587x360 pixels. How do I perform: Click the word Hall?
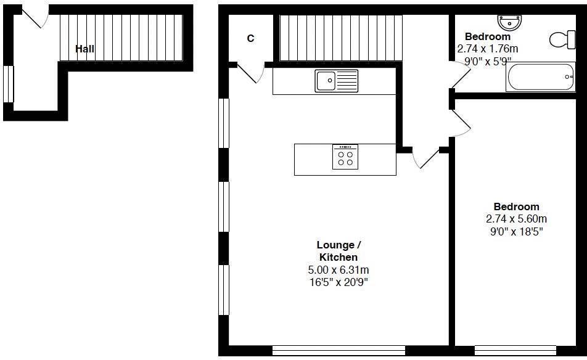click(x=85, y=49)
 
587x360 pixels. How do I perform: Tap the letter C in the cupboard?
click(x=250, y=39)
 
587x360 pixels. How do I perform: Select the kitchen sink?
click(x=337, y=81)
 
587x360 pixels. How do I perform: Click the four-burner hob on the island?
click(x=345, y=157)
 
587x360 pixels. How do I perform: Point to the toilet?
click(x=561, y=39)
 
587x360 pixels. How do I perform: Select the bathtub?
click(x=540, y=78)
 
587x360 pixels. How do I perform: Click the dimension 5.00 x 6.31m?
click(x=338, y=270)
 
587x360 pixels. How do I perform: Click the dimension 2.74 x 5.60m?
click(x=516, y=219)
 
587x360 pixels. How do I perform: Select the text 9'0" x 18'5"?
click(x=516, y=231)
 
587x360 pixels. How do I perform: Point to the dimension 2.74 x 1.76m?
click(x=487, y=49)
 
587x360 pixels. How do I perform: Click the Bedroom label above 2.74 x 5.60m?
click(x=516, y=207)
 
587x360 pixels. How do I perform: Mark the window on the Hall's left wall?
click(x=8, y=84)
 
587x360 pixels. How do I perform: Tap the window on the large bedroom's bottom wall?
click(x=515, y=350)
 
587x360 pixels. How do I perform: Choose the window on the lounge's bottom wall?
click(x=339, y=350)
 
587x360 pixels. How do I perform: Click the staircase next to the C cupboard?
click(x=340, y=38)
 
